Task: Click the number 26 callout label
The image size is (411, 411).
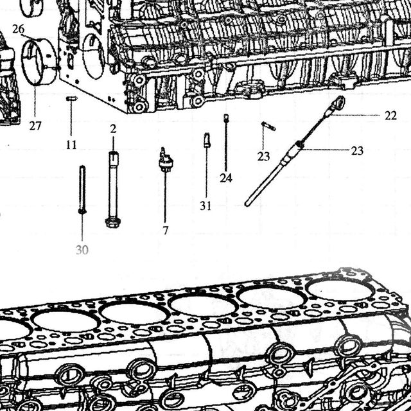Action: pyautogui.click(x=18, y=29)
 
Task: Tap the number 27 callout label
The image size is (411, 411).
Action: pyautogui.click(x=35, y=126)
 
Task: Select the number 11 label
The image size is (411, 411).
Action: pyautogui.click(x=71, y=144)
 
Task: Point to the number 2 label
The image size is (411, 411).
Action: pyautogui.click(x=113, y=129)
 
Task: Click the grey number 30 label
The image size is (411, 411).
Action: pyautogui.click(x=82, y=250)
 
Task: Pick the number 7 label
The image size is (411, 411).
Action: pyautogui.click(x=165, y=231)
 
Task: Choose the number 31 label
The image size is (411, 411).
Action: pyautogui.click(x=205, y=206)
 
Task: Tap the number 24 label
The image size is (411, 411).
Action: pyautogui.click(x=226, y=179)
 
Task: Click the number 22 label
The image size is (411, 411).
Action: pyautogui.click(x=390, y=116)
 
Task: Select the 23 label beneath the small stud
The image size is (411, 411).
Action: pyautogui.click(x=263, y=157)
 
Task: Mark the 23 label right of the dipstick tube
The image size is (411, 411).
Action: pyautogui.click(x=357, y=151)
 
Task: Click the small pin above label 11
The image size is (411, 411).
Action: pyautogui.click(x=71, y=98)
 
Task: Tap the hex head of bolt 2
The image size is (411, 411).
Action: pyautogui.click(x=112, y=222)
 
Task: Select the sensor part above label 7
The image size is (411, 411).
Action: pyautogui.click(x=166, y=160)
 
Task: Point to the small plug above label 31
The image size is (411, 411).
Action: pyautogui.click(x=207, y=140)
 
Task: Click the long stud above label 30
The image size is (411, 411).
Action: pyautogui.click(x=82, y=189)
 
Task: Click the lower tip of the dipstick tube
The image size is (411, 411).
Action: pyautogui.click(x=247, y=204)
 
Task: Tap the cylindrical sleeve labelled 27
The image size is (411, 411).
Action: pyautogui.click(x=39, y=62)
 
